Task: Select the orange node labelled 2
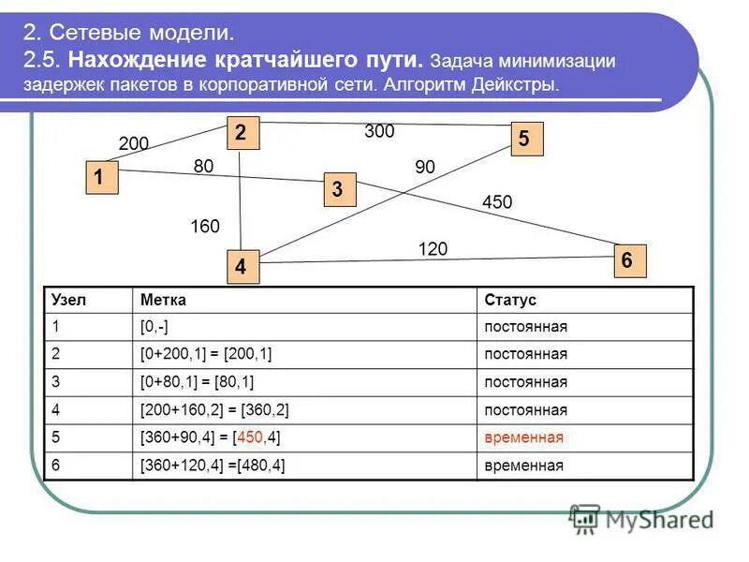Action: click(x=241, y=134)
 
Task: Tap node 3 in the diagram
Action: click(x=338, y=190)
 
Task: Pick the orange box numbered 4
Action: click(x=241, y=267)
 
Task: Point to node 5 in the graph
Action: click(x=524, y=139)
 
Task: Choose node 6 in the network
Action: click(x=628, y=259)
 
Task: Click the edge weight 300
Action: click(x=379, y=132)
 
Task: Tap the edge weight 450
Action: click(x=497, y=202)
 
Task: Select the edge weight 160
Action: click(x=204, y=227)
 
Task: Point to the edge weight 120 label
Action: click(x=433, y=248)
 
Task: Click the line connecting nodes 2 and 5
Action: click(x=384, y=123)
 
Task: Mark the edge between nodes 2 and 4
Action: click(x=242, y=201)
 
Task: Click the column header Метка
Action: click(x=163, y=300)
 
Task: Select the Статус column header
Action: click(x=510, y=300)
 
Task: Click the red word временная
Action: click(x=524, y=437)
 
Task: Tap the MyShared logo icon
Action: click(x=585, y=518)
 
